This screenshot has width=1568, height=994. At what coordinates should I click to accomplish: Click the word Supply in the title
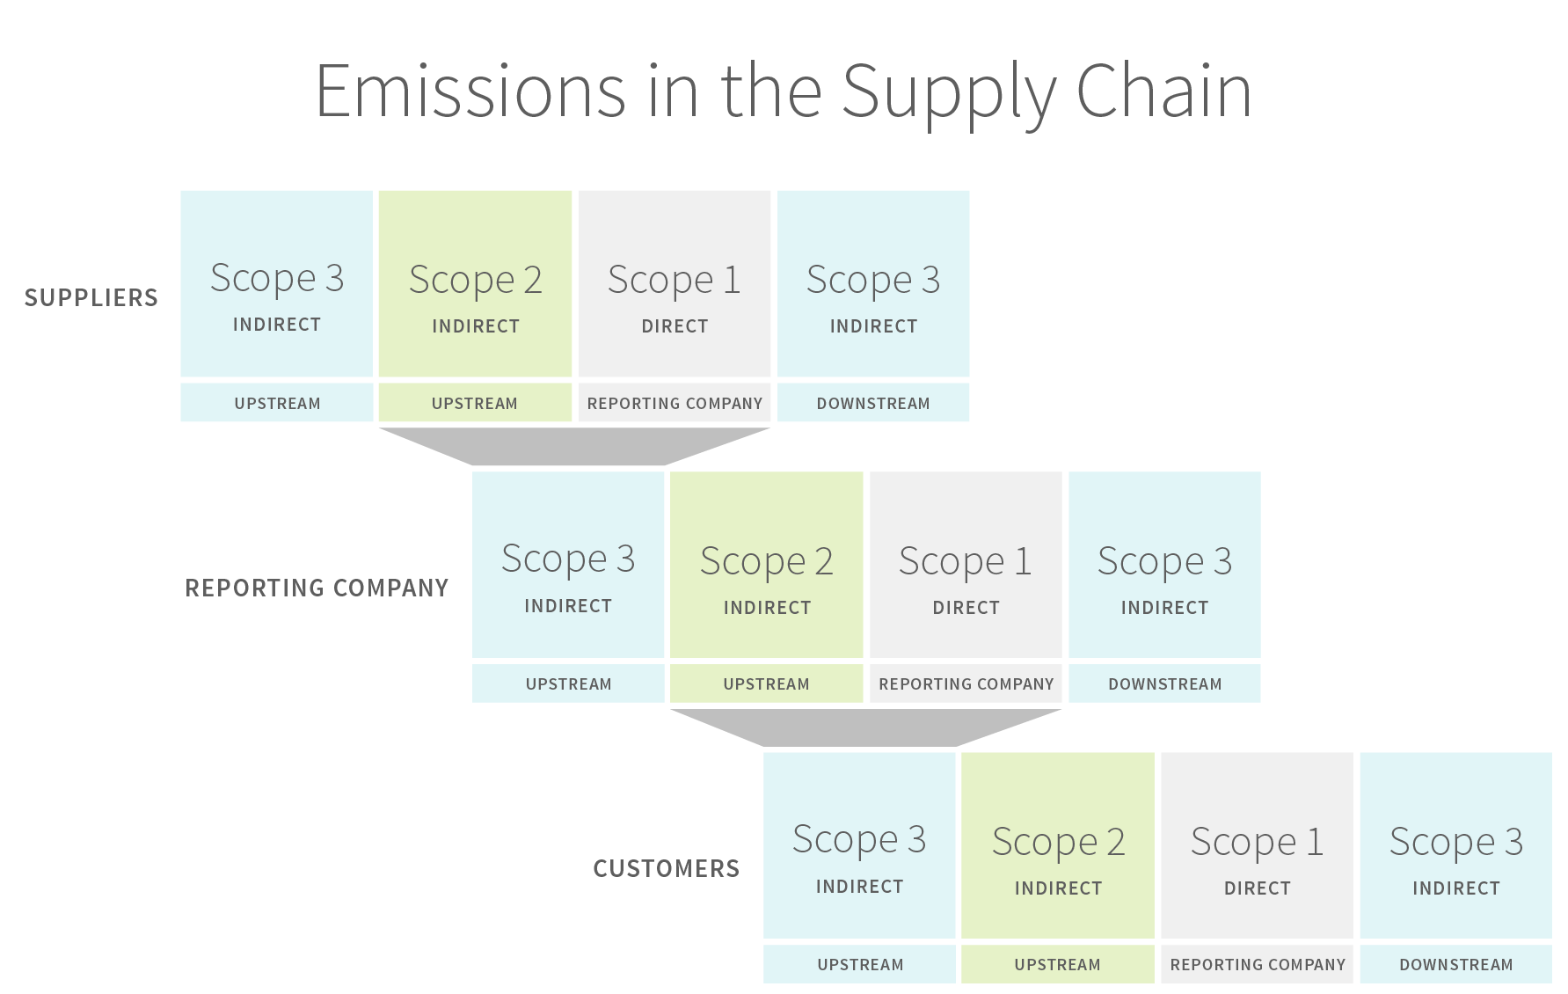point(948,92)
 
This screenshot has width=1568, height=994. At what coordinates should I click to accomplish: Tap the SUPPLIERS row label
point(91,298)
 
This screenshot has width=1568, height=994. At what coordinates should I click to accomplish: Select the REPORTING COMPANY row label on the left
point(317,588)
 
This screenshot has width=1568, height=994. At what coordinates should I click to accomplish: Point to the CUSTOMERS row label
point(667,869)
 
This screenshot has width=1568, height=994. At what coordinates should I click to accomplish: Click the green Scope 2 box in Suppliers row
point(475,284)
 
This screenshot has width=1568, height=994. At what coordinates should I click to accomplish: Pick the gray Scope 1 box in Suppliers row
point(675,284)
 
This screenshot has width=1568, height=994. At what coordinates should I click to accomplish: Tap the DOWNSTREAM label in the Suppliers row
point(873,403)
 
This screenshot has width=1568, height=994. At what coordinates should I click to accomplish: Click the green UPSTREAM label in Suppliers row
point(475,403)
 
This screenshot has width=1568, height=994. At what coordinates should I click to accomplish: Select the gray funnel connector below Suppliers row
point(573,446)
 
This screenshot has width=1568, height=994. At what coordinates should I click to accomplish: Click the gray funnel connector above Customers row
point(865,727)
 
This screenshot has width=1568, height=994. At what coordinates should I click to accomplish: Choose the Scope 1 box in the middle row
point(966,565)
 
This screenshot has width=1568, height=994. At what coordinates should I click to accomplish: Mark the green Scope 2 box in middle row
point(766,565)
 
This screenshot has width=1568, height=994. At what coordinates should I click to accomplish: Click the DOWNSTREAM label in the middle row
point(1164,683)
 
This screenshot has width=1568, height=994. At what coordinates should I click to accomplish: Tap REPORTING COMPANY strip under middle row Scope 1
point(966,683)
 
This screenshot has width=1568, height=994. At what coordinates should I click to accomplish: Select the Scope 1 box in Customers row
point(1257,845)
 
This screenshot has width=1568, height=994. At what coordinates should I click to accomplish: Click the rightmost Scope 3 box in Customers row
point(1455,845)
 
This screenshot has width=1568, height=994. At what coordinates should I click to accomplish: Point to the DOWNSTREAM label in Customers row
point(1455,964)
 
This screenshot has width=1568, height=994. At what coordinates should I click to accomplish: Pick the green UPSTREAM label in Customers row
point(1057,964)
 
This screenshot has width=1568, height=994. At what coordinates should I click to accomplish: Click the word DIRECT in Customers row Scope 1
point(1257,888)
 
